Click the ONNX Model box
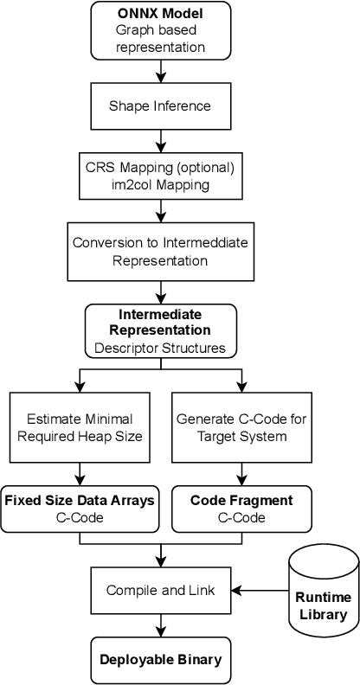(161, 31)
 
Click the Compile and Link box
(161, 590)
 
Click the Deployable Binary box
(161, 659)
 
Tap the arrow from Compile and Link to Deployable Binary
(161, 625)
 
